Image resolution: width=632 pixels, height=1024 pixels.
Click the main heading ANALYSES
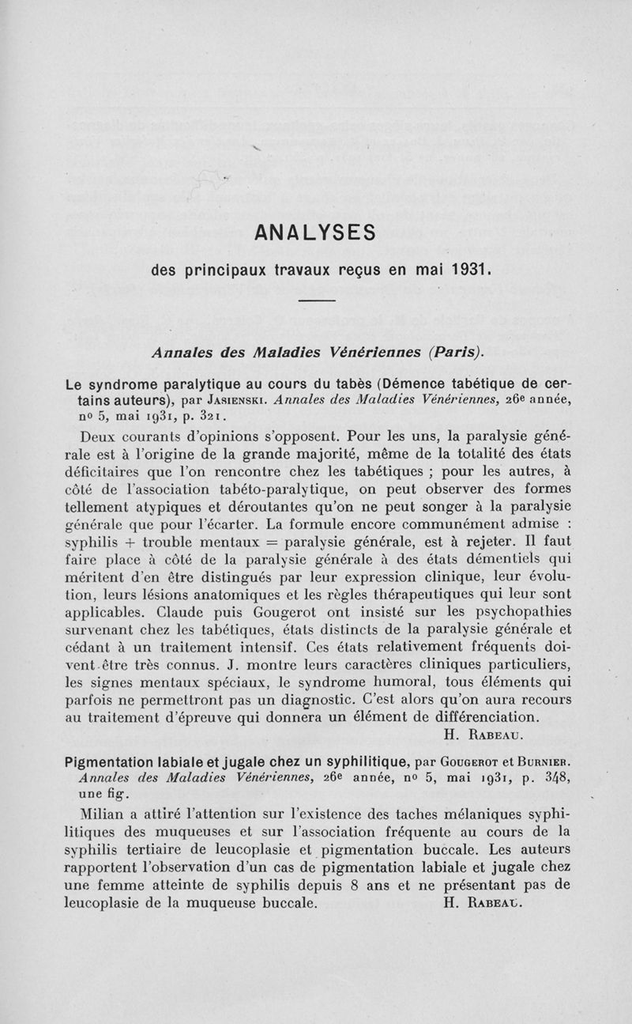[x=316, y=234]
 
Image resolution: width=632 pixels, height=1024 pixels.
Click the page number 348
[x=537, y=779]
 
